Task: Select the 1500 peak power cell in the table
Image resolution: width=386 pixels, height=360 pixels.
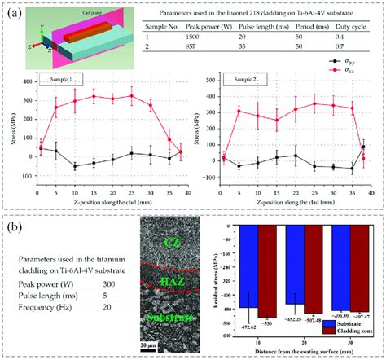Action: [x=191, y=37]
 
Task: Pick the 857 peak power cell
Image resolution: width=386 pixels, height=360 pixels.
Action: [x=191, y=49]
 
